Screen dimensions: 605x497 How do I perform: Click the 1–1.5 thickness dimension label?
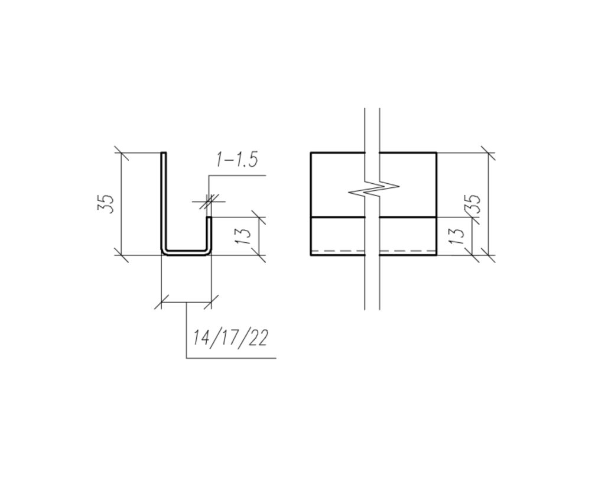tap(236, 160)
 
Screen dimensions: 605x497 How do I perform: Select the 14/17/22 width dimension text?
tap(230, 338)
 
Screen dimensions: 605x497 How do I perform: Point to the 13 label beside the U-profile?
tap(243, 235)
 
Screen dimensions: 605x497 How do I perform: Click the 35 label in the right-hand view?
tap(474, 204)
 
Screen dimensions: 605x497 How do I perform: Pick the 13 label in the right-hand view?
tap(457, 235)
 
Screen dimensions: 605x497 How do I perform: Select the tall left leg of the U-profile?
tap(164, 201)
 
